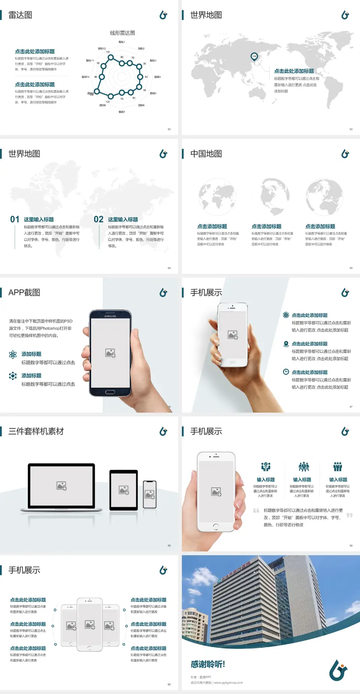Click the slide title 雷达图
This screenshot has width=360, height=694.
coord(20,15)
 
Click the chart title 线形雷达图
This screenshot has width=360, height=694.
coord(122,33)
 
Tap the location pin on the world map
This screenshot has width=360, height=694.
coord(254,57)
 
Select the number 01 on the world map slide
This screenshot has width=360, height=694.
coord(15,219)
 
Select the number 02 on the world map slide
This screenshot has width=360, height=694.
coord(99,219)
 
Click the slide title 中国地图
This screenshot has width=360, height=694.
coord(206,154)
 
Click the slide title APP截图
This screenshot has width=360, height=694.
coord(24,293)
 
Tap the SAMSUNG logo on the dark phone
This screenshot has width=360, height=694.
coord(110,316)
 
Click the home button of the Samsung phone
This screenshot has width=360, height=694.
coord(110,392)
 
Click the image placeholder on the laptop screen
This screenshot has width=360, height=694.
coord(61,486)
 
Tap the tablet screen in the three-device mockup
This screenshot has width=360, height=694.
coord(124,490)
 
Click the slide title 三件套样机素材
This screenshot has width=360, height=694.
coord(36,431)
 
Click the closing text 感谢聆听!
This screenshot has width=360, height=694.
coord(208,664)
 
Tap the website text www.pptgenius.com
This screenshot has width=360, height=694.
coord(228,683)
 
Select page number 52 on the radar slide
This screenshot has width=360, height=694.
coord(169,129)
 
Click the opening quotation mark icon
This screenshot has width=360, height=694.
coord(256,511)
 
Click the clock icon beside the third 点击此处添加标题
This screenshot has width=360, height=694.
coord(286,372)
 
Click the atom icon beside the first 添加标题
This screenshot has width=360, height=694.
coord(13,355)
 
